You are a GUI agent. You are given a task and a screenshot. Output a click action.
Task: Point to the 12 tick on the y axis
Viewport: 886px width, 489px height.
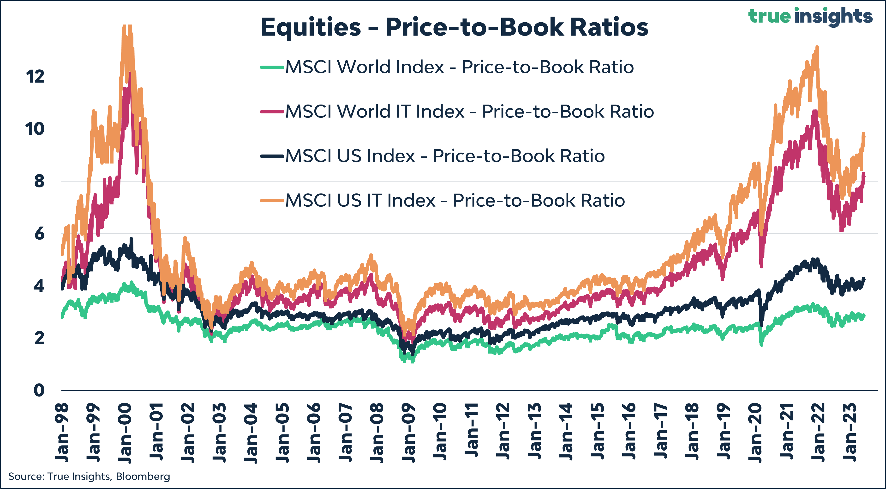pos(35,76)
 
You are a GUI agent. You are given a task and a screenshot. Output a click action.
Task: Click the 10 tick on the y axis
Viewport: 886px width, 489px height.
pos(35,129)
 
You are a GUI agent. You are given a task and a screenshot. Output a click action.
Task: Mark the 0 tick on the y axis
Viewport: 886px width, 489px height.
pos(39,390)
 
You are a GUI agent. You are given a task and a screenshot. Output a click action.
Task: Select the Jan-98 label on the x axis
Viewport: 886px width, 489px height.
pos(62,433)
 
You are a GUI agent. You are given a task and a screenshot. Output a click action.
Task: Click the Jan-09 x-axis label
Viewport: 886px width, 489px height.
pos(409,433)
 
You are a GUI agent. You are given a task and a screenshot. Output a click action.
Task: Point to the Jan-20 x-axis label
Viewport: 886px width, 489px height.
pos(755,433)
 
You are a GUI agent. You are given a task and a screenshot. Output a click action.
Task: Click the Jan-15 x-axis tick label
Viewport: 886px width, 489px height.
pos(598,433)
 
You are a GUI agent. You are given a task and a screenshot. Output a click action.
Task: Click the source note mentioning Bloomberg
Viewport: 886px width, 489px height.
pos(89,477)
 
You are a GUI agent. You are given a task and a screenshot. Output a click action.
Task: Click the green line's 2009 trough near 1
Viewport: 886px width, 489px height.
pos(412,360)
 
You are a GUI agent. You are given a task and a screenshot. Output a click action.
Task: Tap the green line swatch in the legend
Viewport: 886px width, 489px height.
pos(272,67)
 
